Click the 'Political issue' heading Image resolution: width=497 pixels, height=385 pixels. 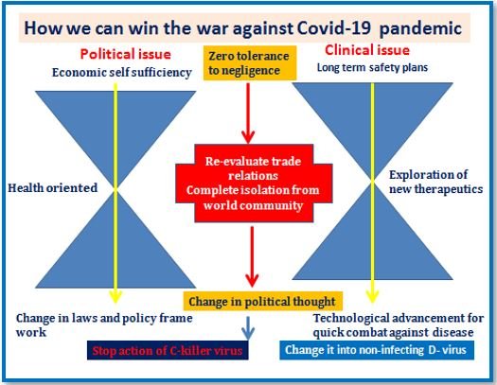click(126, 54)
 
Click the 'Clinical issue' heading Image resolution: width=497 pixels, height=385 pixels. click(367, 50)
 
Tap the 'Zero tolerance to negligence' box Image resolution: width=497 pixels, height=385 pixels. click(250, 63)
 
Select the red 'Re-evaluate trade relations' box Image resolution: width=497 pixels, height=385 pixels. click(254, 184)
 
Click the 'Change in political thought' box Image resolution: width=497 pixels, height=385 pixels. click(263, 301)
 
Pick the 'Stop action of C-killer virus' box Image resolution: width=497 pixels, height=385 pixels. click(168, 350)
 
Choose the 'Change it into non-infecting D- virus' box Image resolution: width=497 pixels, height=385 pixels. click(377, 350)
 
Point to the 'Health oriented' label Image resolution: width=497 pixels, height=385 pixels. click(53, 187)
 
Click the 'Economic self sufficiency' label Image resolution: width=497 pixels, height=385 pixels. click(122, 72)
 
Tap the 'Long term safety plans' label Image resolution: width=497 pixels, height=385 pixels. click(372, 67)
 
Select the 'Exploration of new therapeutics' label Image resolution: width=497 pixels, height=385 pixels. click(435, 182)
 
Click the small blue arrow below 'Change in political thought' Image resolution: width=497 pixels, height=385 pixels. click(248, 328)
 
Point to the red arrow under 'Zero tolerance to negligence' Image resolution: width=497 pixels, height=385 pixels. click(248, 114)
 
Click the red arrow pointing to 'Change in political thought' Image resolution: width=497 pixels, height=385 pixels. click(252, 256)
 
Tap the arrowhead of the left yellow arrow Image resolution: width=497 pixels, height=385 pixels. click(115, 297)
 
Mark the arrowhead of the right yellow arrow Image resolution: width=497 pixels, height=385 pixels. click(372, 297)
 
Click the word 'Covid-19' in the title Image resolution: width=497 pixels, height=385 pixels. click(334, 27)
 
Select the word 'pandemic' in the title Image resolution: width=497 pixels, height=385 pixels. click(420, 28)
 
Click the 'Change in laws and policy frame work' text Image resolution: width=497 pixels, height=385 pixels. click(104, 325)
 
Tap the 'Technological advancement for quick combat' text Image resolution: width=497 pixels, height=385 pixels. click(399, 325)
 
